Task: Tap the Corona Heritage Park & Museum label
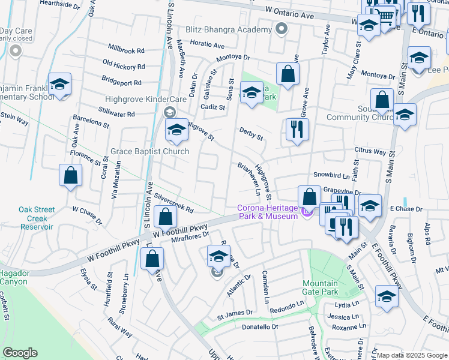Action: point(267,212)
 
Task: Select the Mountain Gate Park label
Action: point(320,288)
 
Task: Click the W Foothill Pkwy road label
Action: point(180,230)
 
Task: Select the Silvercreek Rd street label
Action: point(173,203)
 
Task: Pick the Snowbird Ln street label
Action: point(331,176)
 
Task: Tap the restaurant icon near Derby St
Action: point(297,130)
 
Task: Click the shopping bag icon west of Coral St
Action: point(71,176)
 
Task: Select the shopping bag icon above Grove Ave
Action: point(288,74)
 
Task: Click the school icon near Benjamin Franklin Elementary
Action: point(59,85)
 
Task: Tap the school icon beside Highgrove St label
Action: point(177,130)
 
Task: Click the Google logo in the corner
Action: point(20,353)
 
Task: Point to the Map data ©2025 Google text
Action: point(412,355)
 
